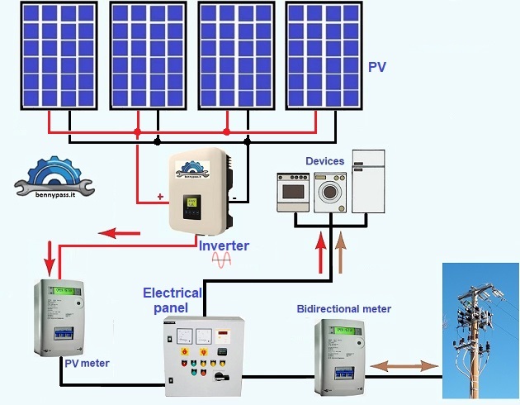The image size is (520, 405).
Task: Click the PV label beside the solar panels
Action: coord(376,66)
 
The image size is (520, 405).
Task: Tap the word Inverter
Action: coord(223,245)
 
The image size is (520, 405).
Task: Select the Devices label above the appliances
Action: coord(324,160)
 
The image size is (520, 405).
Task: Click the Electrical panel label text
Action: coord(172,300)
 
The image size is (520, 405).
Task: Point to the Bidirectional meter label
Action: coord(343,309)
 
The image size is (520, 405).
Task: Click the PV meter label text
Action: coord(86,363)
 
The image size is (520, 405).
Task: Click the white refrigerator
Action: coord(368,182)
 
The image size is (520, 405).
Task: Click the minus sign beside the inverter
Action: coord(234,198)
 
